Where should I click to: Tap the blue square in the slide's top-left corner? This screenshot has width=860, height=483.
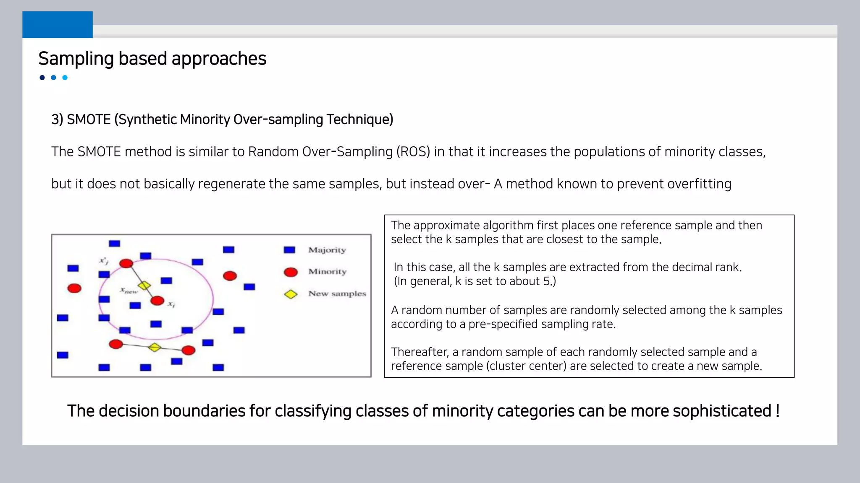tap(58, 25)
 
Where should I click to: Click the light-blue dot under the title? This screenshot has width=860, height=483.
tap(65, 78)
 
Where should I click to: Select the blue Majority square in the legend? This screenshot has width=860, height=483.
tap(289, 250)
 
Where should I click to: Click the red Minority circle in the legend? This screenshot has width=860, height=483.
tap(291, 272)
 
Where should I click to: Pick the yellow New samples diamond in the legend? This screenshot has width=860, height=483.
tap(291, 294)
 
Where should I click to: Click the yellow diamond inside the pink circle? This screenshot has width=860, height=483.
tap(144, 286)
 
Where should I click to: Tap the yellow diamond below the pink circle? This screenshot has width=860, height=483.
tap(155, 347)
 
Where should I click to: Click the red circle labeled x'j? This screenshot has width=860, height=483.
tap(126, 263)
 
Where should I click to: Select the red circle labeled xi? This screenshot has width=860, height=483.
tap(157, 301)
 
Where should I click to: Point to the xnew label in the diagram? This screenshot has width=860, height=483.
tap(129, 290)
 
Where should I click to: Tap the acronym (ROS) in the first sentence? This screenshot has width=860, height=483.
tap(413, 152)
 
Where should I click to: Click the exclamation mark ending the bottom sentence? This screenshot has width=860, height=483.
tap(777, 411)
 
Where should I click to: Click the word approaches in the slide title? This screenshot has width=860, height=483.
tap(219, 59)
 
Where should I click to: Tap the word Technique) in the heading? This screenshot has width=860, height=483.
tap(359, 119)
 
